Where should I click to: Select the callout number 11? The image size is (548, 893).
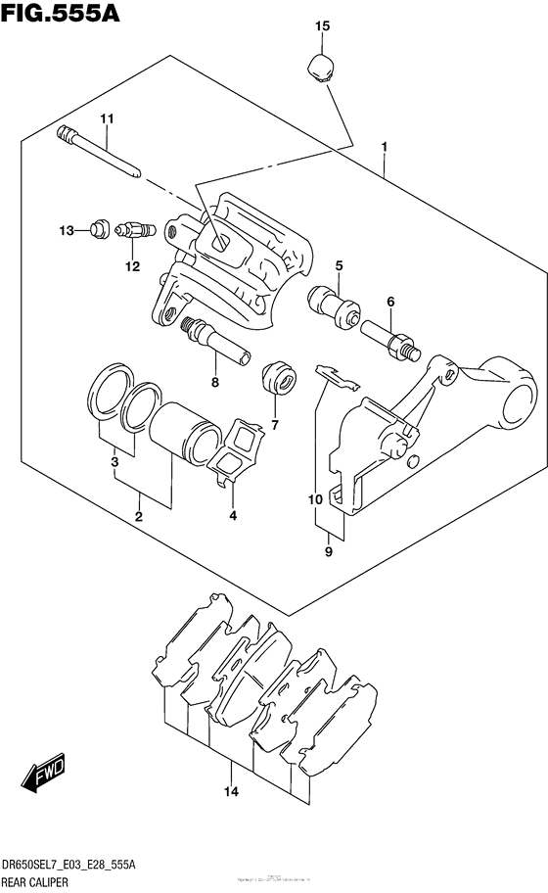pyautogui.click(x=107, y=118)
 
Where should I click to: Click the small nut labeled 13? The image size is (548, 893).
pyautogui.click(x=98, y=230)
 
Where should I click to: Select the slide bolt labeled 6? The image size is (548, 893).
pyautogui.click(x=391, y=336)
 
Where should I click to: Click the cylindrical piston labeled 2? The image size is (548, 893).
pyautogui.click(x=186, y=431)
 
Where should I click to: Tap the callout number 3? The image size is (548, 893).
pyautogui.click(x=114, y=461)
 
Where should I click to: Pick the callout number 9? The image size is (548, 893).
pyautogui.click(x=329, y=553)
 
